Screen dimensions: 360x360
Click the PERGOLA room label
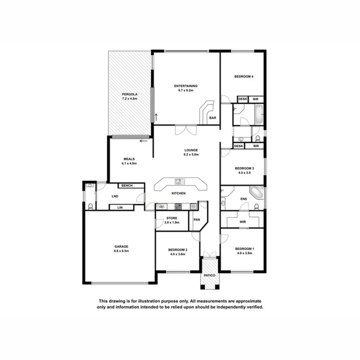[130, 94]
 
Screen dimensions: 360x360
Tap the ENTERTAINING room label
[186, 86]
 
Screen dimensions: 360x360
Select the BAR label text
[213, 118]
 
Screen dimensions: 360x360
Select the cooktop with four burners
[178, 206]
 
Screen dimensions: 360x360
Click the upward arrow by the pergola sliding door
[156, 117]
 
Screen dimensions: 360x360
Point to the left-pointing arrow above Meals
[144, 141]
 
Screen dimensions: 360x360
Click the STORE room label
[172, 218]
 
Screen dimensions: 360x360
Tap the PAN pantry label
[197, 220]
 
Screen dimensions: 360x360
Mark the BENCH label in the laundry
[127, 186]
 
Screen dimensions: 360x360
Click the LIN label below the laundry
[120, 207]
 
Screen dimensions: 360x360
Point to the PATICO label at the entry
[210, 276]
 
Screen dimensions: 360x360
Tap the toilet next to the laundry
[90, 206]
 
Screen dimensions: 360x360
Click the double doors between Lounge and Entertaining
[186, 130]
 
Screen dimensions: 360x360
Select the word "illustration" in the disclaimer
[144, 301]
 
